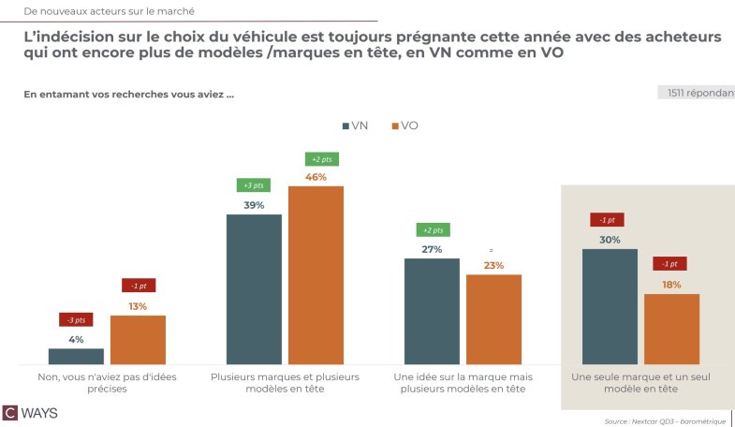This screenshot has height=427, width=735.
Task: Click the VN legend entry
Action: (x=353, y=125)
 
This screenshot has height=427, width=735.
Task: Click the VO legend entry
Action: (x=404, y=125)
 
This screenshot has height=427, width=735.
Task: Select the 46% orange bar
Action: (x=316, y=274)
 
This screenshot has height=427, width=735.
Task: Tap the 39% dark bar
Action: (x=254, y=288)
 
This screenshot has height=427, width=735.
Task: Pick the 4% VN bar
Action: (x=76, y=356)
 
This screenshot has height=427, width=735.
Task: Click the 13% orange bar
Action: (x=138, y=339)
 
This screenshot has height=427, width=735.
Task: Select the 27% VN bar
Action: (x=432, y=311)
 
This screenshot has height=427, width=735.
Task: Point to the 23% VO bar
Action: (x=493, y=318)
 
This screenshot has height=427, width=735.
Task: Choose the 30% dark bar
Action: (x=610, y=305)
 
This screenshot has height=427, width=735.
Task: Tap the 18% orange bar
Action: (x=671, y=328)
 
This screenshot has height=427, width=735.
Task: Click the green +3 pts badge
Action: (x=254, y=185)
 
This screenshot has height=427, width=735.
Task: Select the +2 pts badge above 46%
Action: (x=316, y=159)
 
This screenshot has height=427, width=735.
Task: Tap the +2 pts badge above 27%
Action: (x=432, y=230)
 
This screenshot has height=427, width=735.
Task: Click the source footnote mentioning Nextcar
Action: (x=665, y=421)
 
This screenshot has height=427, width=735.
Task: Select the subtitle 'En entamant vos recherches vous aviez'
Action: (x=128, y=94)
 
